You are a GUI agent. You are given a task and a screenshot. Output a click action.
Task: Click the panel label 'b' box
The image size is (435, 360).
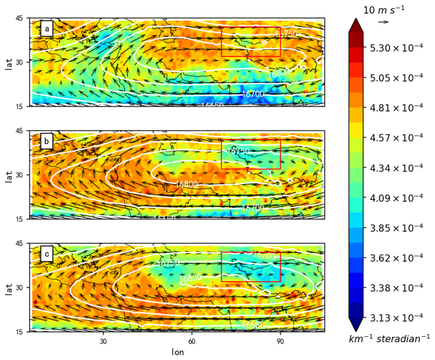click(46, 142)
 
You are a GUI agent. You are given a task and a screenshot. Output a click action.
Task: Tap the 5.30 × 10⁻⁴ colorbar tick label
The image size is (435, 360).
click(394, 48)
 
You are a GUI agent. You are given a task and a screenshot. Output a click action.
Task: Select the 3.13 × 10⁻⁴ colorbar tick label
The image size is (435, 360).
click(394, 317)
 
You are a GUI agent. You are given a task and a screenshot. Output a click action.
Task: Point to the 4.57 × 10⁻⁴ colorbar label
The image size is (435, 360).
click(394, 137)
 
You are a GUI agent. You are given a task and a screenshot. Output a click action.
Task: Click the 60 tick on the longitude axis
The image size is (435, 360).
click(192, 340)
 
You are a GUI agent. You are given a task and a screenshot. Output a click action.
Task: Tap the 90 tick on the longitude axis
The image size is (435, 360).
click(280, 340)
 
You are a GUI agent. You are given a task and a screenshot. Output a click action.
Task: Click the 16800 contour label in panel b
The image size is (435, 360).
click(187, 183)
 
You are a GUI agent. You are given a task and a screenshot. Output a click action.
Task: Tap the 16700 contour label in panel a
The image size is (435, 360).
click(253, 94)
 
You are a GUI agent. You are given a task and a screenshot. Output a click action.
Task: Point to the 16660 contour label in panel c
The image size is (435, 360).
click(253, 324)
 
